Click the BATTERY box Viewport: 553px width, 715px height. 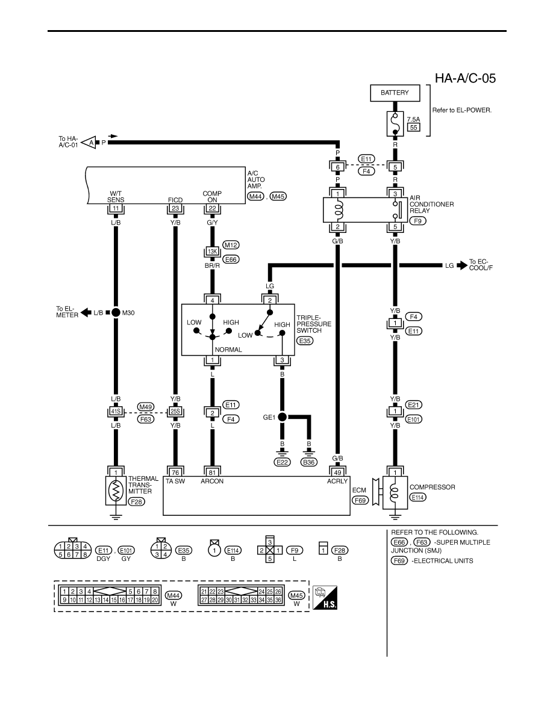[395, 93]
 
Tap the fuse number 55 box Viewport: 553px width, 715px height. [413, 127]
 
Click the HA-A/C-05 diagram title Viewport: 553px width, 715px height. [465, 78]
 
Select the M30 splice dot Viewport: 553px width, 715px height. [116, 312]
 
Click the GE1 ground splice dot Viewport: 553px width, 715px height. [282, 416]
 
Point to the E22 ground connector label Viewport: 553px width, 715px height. [282, 462]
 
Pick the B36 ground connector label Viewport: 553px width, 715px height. [309, 462]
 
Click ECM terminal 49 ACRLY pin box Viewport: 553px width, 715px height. [337, 472]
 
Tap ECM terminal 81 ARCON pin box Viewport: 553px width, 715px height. [212, 472]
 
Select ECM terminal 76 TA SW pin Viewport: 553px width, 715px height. [175, 472]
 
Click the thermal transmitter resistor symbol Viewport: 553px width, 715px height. [116, 491]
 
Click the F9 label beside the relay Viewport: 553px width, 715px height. [417, 221]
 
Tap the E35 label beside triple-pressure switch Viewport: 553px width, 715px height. [305, 340]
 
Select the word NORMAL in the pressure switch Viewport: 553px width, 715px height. [228, 350]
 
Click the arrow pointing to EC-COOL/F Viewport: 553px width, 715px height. [462, 264]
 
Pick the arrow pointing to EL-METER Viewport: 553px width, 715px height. [86, 313]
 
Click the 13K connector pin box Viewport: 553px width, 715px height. [212, 251]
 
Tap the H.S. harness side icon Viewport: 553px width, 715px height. [325, 598]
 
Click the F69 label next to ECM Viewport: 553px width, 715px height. [361, 500]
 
